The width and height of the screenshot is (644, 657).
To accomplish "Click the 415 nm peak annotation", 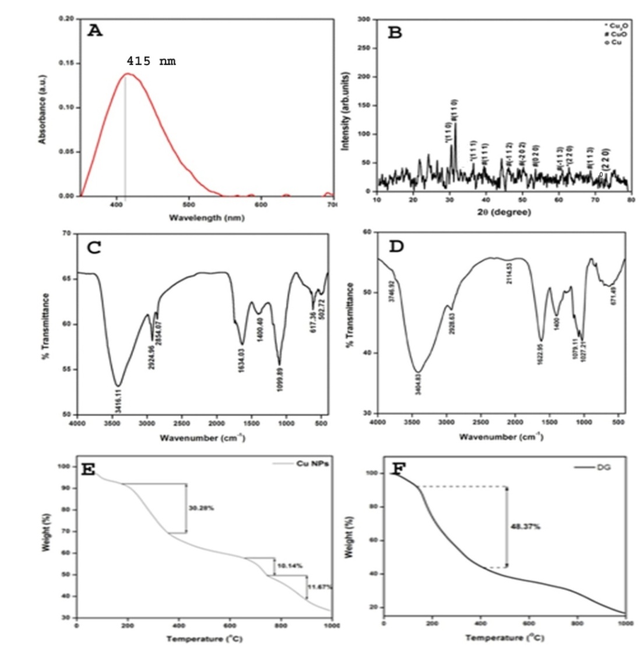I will point(151,61).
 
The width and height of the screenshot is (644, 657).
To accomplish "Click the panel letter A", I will point(95,31).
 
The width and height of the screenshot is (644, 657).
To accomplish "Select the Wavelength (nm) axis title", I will point(206,217).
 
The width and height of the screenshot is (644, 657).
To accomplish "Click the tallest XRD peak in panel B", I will point(455,124).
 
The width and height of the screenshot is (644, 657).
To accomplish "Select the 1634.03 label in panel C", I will point(241,360).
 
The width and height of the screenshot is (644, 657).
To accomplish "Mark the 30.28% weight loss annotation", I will point(201,508).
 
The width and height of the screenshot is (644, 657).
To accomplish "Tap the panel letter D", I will point(396,247).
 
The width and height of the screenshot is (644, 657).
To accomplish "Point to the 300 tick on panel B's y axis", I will point(364,20).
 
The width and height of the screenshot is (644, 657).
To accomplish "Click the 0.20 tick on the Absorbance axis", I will point(66,19).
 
